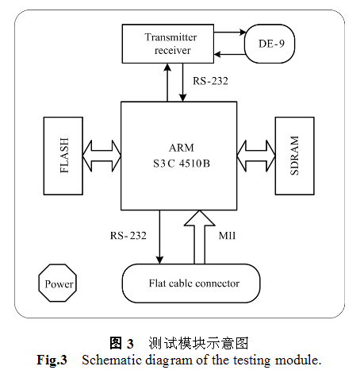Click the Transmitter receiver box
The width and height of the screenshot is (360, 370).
click(x=168, y=44)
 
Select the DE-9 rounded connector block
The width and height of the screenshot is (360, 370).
click(x=270, y=44)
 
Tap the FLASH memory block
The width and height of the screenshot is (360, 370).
click(x=63, y=156)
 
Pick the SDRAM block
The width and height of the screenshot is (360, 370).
click(x=295, y=156)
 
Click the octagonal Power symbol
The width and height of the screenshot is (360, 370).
click(x=58, y=283)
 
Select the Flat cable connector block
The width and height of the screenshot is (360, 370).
click(x=191, y=283)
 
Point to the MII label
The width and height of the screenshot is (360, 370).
click(x=227, y=236)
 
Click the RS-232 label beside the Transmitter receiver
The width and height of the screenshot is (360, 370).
click(x=210, y=81)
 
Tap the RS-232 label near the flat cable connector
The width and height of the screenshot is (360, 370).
click(x=128, y=235)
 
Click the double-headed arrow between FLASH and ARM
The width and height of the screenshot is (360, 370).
click(x=101, y=156)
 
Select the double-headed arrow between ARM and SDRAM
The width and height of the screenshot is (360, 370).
click(x=256, y=156)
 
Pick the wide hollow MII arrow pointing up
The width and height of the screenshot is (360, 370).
click(x=200, y=237)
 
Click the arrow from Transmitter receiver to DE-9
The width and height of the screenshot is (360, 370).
click(x=230, y=33)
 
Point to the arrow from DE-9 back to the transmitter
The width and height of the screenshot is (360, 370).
click(x=230, y=55)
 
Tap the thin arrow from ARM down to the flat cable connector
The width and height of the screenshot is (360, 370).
click(x=159, y=237)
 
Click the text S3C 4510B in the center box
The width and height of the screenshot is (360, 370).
click(x=182, y=164)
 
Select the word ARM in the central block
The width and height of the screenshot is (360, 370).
click(x=182, y=148)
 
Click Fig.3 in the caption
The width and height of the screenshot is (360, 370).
click(x=52, y=360)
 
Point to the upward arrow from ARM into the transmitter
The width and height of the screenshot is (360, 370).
click(x=167, y=83)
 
